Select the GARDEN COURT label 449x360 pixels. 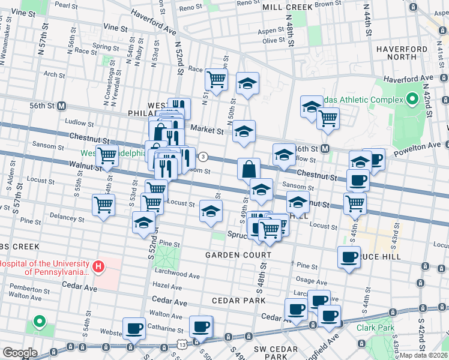tap(238, 255)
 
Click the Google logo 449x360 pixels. tap(20, 353)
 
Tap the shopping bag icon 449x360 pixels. tap(249, 169)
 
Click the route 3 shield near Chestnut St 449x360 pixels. tap(203, 157)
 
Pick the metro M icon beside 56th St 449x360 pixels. tap(61, 106)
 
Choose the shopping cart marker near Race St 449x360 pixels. tap(216, 78)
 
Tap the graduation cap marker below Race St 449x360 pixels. tap(247, 84)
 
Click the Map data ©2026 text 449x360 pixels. tap(424, 355)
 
